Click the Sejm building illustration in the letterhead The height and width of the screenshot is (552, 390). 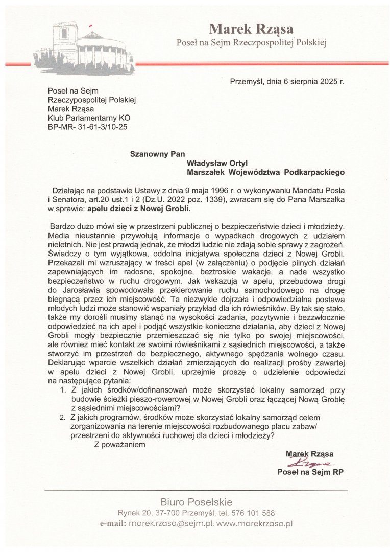tap(84, 49)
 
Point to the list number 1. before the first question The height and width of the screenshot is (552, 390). tap(63, 389)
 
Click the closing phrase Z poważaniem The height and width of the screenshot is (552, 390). tap(120, 444)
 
